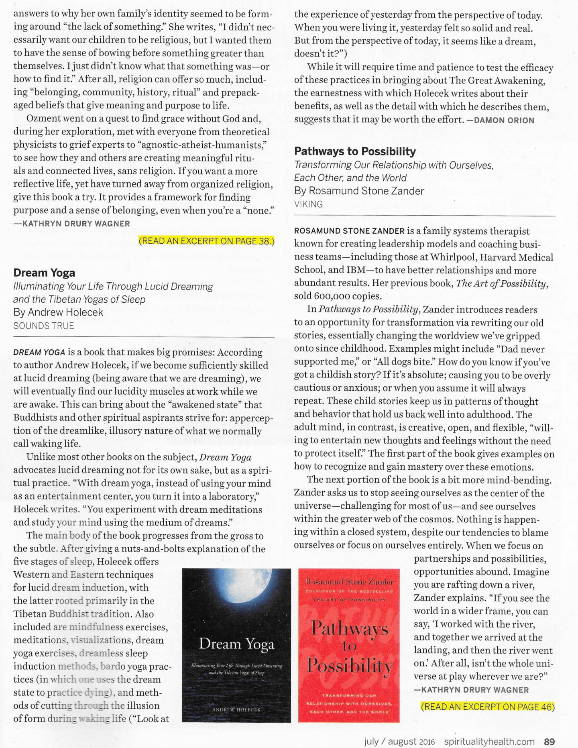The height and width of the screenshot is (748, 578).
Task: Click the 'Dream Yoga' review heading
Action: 44,273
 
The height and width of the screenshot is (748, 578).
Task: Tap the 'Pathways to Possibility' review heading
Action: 355,151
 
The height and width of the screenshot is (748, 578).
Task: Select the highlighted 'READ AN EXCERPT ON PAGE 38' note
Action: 206,241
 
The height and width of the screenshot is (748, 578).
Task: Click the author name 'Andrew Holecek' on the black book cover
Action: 236,710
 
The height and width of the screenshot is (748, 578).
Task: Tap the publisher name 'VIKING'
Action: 308,204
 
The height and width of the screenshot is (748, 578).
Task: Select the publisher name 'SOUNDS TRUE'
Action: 44,326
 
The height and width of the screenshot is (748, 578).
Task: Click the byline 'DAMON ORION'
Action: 504,120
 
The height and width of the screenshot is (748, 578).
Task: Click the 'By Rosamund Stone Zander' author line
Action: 359,191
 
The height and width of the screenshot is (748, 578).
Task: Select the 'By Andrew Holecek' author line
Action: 58,312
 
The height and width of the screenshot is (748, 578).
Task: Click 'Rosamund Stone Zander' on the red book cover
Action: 349,582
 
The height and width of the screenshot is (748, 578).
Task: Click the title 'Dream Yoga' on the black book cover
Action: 236,644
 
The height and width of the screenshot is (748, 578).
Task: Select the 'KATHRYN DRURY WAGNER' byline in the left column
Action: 76,224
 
